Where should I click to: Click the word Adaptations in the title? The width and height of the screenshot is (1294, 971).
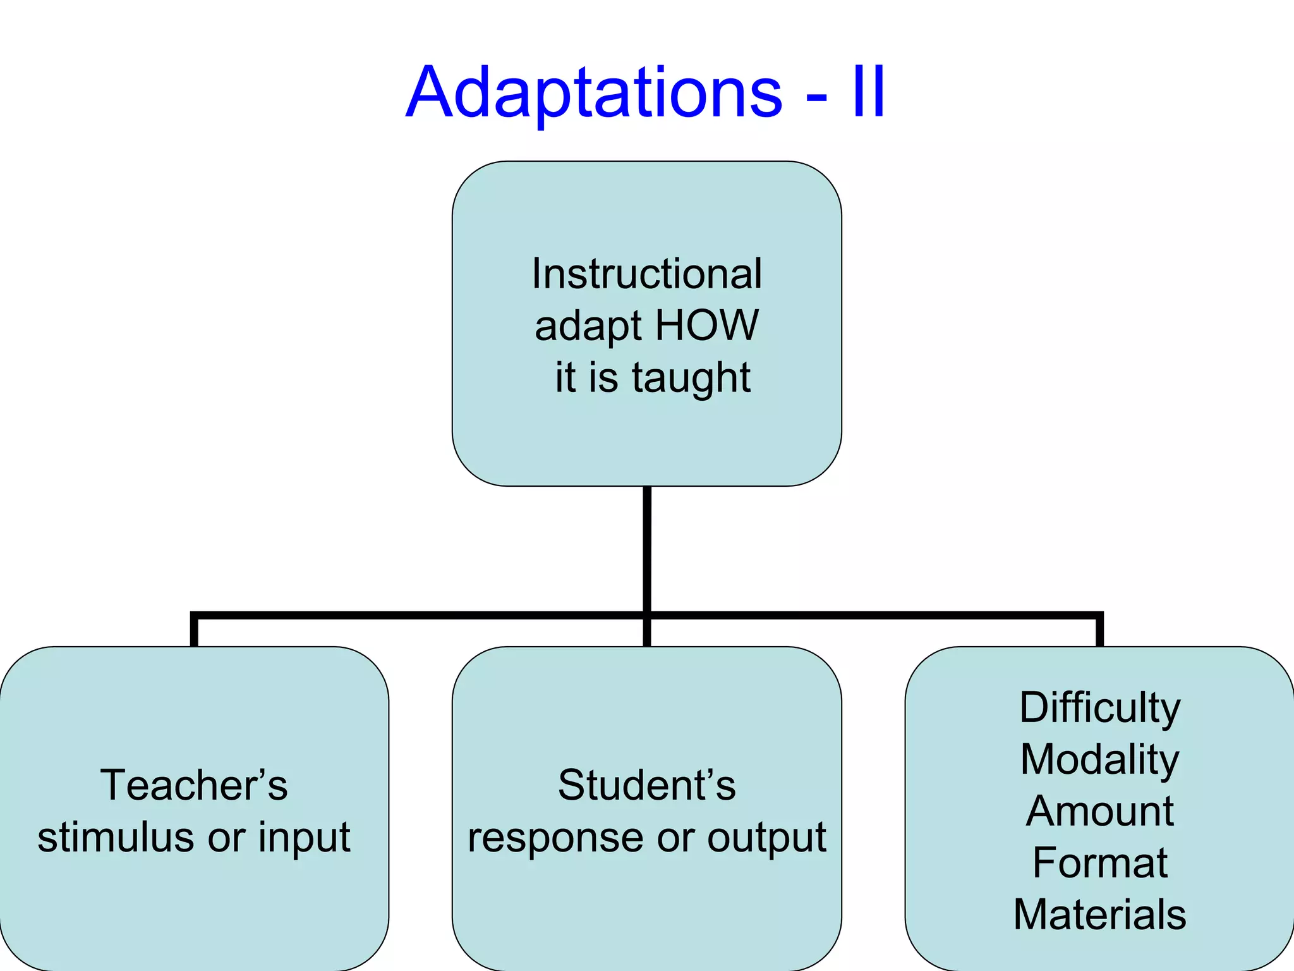tap(594, 93)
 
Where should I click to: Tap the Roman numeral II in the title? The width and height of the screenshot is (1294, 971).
tap(869, 93)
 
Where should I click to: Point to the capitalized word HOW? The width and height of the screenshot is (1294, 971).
tap(706, 326)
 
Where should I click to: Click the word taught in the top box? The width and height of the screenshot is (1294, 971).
tap(691, 377)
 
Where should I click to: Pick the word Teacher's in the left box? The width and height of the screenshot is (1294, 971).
tap(194, 785)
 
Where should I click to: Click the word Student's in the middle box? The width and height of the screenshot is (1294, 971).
tap(647, 785)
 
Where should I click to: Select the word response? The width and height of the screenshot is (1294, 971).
tap(549, 838)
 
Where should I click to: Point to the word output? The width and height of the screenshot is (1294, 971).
tap(766, 838)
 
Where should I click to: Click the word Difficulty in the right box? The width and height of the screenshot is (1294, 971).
tap(1100, 708)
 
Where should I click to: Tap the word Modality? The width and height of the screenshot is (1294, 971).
tap(1100, 760)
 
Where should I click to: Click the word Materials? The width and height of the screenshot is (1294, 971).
tap(1100, 915)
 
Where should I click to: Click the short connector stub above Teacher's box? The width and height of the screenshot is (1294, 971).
tap(194, 631)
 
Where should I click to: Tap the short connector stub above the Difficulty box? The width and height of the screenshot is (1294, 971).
tap(1099, 631)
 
